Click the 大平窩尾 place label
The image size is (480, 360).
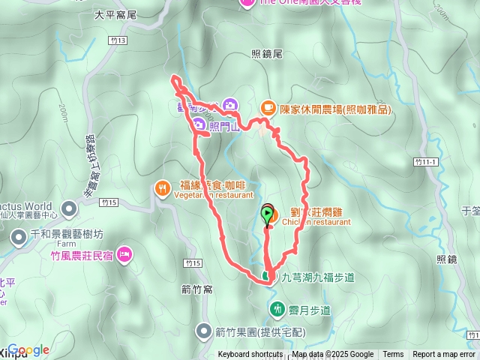pyautogui.click(x=115, y=14)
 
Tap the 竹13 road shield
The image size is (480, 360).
pyautogui.click(x=114, y=40)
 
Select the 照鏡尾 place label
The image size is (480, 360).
pyautogui.click(x=266, y=54)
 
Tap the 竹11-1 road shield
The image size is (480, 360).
pyautogui.click(x=424, y=162)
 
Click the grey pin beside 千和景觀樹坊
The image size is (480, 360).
pyautogui.click(x=19, y=238)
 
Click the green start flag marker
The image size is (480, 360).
pyautogui.click(x=268, y=216)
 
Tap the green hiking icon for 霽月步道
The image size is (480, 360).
pyautogui.click(x=277, y=308)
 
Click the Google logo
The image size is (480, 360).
pyautogui.click(x=28, y=349)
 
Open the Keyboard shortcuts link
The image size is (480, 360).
pyautogui.click(x=250, y=355)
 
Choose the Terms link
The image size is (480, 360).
pyautogui.click(x=393, y=355)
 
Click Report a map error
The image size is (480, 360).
pyautogui.click(x=444, y=355)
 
